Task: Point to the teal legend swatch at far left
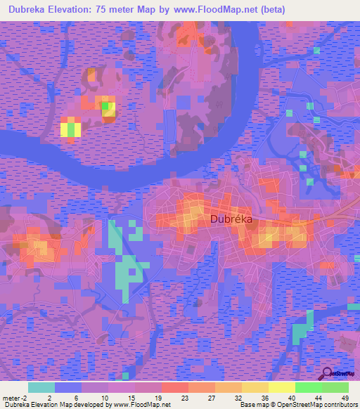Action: [x=41, y=387]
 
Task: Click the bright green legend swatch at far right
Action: [x=335, y=387]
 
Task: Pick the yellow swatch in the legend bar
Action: [x=281, y=387]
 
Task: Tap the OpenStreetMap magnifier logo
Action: [x=328, y=374]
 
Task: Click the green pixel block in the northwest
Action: [x=106, y=107]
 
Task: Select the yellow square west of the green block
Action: [x=70, y=128]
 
